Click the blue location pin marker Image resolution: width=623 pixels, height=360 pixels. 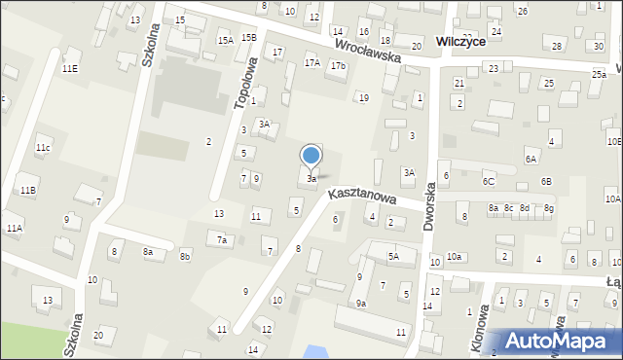(311, 157)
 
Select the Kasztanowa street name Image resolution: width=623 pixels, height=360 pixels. (362, 197)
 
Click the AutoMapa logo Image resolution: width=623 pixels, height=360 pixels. (554, 342)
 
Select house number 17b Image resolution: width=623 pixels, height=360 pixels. (337, 65)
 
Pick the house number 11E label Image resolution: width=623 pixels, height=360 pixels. (70, 69)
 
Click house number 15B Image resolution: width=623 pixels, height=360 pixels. (249, 37)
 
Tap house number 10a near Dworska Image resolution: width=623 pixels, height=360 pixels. (454, 256)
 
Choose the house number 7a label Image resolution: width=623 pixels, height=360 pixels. (222, 240)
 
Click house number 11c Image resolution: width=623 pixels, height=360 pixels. (43, 148)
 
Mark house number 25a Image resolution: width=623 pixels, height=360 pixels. (598, 74)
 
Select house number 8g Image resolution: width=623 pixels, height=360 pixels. (549, 208)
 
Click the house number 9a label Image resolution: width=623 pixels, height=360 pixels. (360, 304)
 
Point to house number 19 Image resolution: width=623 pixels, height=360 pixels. (363, 98)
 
